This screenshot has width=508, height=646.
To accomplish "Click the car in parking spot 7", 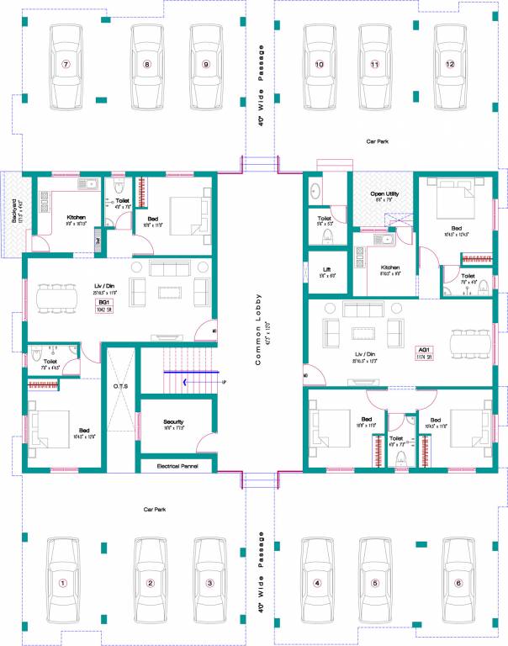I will pyautogui.click(x=66, y=66).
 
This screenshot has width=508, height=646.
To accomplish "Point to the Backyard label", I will pyautogui.click(x=16, y=210).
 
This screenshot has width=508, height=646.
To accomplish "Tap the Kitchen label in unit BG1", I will pyautogui.click(x=77, y=218).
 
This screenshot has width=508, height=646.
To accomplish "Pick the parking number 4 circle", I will pyautogui.click(x=317, y=583).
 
